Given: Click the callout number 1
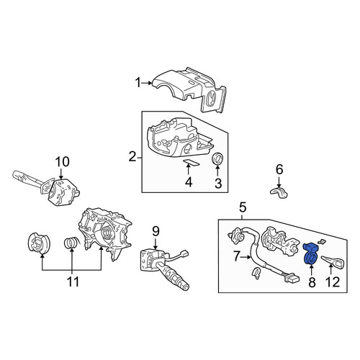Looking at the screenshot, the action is point(138,83).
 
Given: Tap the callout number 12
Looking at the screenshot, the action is point(333,282).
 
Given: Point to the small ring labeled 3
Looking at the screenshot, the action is point(218,158).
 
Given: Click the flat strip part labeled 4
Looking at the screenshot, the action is point(192,163).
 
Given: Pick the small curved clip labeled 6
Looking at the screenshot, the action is point(279,193).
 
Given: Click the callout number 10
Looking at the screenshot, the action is point(63,162).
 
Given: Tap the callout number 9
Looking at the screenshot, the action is point(156,232).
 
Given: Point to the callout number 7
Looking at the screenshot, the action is point(236,257).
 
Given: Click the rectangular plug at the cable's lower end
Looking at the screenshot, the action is point(292,279).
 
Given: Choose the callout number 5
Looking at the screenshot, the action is point(243,207).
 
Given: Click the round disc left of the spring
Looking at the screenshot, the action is point(39,243).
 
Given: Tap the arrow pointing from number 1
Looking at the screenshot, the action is point(147,83).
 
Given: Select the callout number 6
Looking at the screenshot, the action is point(279,169).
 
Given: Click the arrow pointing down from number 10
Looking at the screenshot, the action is point(61,173).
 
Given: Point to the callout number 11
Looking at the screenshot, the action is point(73,282).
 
